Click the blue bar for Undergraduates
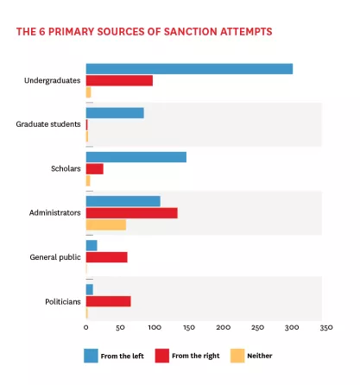(189, 69)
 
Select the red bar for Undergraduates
(119, 80)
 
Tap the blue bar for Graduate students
(115, 112)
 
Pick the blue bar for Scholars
(136, 156)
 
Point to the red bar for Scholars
(95, 168)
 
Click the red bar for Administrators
(131, 212)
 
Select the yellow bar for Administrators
(106, 224)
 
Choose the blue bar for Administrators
(123, 201)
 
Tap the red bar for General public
(107, 256)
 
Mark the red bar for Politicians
(109, 301)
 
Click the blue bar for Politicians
(90, 289)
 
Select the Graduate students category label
(48, 124)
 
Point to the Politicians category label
(63, 301)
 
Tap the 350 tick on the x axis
(326, 328)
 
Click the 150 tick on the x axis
(189, 328)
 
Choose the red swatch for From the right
(161, 356)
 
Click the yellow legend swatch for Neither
(237, 356)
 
